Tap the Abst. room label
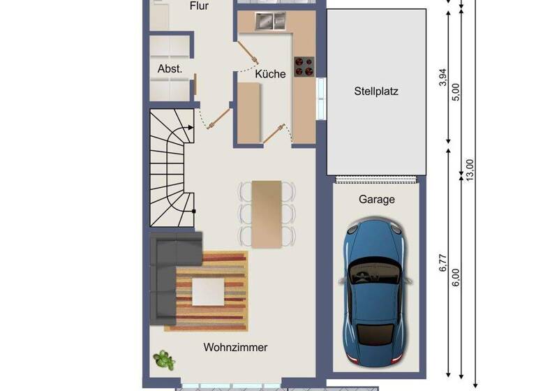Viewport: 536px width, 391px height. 170,69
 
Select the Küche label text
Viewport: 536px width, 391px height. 270,73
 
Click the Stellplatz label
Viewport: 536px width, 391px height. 376,91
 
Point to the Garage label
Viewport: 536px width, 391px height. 376,199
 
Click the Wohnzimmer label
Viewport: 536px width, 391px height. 235,347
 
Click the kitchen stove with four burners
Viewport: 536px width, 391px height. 304,66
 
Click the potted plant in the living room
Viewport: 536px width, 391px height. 164,360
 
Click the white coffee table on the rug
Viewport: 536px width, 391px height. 208,291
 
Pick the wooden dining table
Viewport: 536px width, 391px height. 267,214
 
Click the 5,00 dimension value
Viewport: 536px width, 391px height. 456,92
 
